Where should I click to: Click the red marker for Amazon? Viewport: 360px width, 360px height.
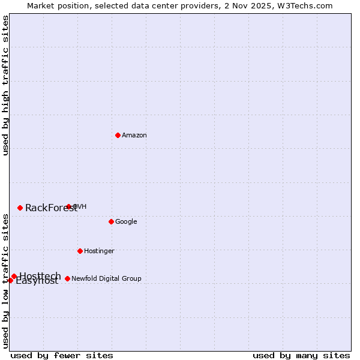pyautogui.click(x=118, y=135)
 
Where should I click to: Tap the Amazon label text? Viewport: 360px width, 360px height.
pyautogui.click(x=134, y=136)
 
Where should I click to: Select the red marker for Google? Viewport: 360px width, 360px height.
pyautogui.click(x=111, y=221)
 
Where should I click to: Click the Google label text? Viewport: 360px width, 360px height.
pyautogui.click(x=126, y=222)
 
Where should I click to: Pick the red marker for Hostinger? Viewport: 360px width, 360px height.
pyautogui.click(x=80, y=251)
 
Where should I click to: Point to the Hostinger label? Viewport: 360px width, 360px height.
pyautogui.click(x=99, y=251)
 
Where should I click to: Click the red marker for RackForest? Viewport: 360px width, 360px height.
pyautogui.click(x=20, y=208)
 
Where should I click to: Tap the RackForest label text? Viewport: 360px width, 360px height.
pyautogui.click(x=50, y=209)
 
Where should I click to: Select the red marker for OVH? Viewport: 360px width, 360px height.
pyautogui.click(x=68, y=206)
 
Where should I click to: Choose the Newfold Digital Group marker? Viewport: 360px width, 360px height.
pyautogui.click(x=67, y=278)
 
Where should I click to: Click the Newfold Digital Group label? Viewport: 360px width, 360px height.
pyautogui.click(x=106, y=278)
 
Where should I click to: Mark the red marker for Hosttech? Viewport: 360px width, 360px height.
pyautogui.click(x=14, y=276)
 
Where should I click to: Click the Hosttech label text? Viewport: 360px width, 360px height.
pyautogui.click(x=40, y=276)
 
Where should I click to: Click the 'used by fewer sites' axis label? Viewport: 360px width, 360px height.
pyautogui.click(x=62, y=355)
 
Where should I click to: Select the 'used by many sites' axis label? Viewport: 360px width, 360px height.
pyautogui.click(x=301, y=355)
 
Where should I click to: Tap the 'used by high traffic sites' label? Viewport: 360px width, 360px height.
pyautogui.click(x=6, y=85)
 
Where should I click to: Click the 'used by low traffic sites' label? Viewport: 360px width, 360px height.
pyautogui.click(x=6, y=280)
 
